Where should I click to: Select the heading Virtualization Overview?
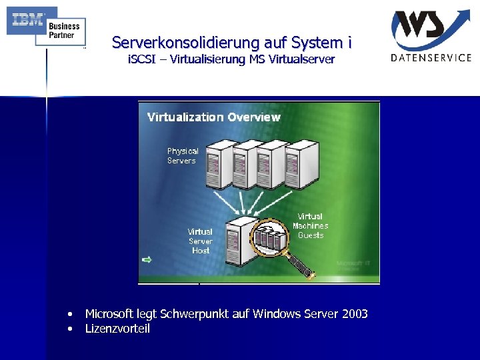click(214, 117)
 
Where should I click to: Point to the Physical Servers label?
click(183, 155)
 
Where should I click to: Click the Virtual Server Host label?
click(200, 241)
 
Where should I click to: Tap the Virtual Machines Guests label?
click(310, 225)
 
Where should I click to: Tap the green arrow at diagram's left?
click(147, 259)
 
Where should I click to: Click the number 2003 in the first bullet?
click(353, 314)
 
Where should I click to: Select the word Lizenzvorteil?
click(117, 329)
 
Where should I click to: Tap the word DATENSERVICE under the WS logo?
click(431, 58)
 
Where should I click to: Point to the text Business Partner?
click(64, 30)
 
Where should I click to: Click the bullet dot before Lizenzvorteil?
click(69, 329)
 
